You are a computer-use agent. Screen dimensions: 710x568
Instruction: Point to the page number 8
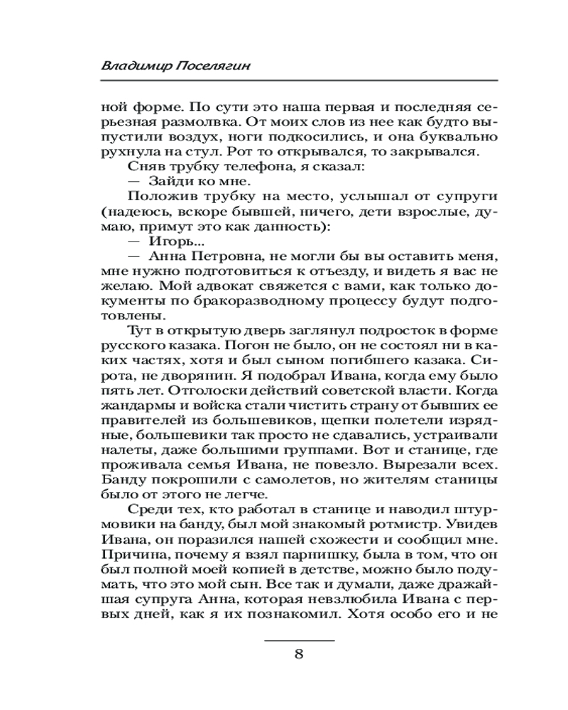(299, 654)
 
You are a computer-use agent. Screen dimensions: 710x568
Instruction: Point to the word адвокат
(216, 289)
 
